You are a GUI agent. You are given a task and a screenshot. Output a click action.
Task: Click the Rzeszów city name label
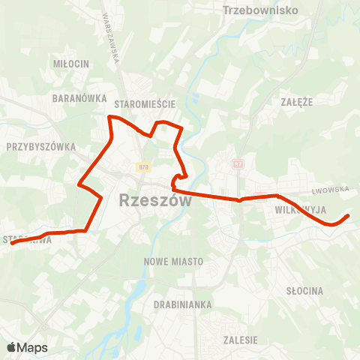click(155, 201)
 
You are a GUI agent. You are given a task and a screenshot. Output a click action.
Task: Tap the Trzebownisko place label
click(260, 10)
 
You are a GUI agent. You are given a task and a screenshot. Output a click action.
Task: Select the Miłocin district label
click(71, 63)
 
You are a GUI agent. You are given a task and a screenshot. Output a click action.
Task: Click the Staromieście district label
click(145, 98)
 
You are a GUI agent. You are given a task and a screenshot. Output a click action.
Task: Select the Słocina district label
click(304, 290)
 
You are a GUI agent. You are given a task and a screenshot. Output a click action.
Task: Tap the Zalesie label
click(240, 340)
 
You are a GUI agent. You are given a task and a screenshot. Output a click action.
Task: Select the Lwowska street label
click(331, 190)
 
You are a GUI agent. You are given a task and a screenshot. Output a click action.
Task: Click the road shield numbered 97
click(238, 163)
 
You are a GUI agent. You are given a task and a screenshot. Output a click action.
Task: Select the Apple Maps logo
click(27, 348)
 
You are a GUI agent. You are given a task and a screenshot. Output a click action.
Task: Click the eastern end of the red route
click(348, 216)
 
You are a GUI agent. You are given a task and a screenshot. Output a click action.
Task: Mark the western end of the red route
click(10, 243)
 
